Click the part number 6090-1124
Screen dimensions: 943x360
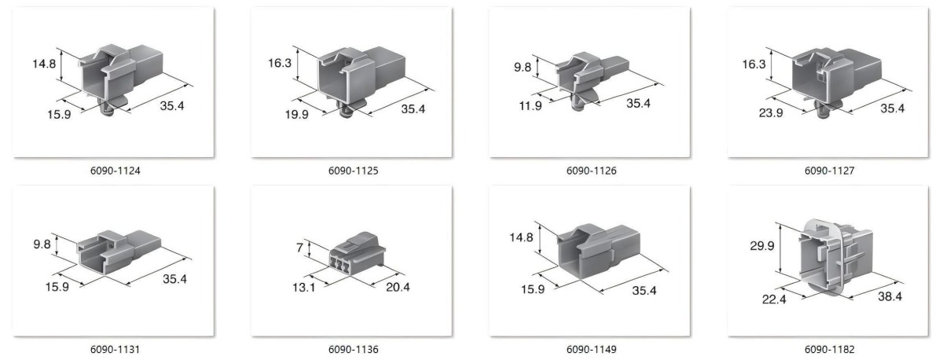click(x=115, y=171)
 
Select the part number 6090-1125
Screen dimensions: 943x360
click(x=353, y=171)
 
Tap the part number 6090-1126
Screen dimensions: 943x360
click(x=591, y=171)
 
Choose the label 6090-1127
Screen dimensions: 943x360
click(x=829, y=171)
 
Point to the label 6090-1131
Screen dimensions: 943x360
click(x=115, y=349)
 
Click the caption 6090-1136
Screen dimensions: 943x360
click(x=353, y=349)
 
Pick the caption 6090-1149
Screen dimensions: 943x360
click(x=591, y=349)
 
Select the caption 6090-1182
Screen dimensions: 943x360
click(x=829, y=349)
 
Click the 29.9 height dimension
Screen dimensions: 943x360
click(x=762, y=245)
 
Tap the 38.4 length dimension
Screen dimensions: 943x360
click(x=890, y=296)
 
